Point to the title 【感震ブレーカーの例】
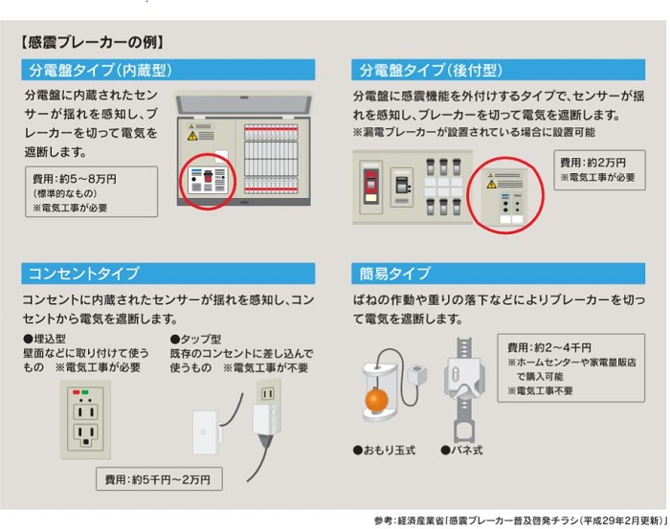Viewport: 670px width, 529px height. (x=92, y=42)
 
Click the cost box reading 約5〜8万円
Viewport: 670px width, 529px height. (x=91, y=191)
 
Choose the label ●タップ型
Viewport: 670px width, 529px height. (x=196, y=339)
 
